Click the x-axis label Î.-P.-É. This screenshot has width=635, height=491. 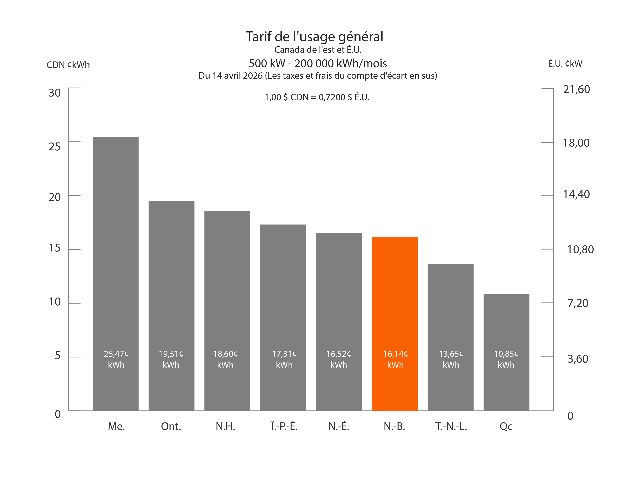[x=284, y=426]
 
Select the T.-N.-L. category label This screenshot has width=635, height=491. [x=451, y=426]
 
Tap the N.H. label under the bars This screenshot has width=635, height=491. [x=225, y=426]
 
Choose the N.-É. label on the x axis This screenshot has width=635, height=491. [x=339, y=426]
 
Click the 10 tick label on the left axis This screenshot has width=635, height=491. [x=55, y=302]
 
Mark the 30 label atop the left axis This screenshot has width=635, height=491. [x=55, y=93]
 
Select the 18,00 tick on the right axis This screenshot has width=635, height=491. [x=576, y=143]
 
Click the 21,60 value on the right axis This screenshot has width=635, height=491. [x=577, y=89]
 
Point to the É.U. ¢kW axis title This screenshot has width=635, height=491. [x=565, y=64]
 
